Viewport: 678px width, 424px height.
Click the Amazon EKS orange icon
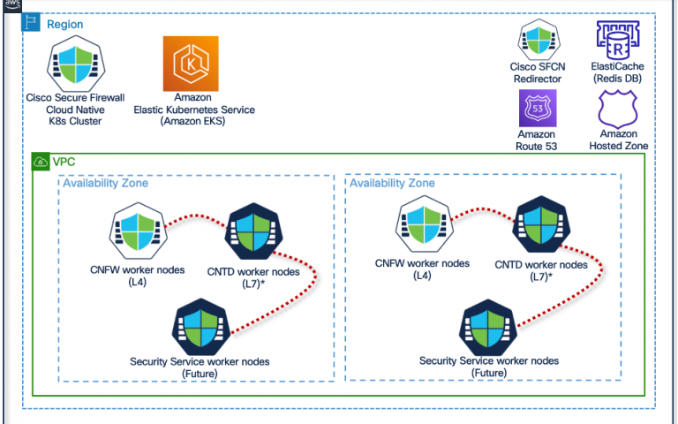(x=191, y=64)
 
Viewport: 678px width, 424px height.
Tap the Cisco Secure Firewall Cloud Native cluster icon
(x=76, y=64)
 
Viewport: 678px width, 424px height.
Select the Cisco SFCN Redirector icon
(x=539, y=40)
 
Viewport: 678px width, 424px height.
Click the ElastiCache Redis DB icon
(x=617, y=41)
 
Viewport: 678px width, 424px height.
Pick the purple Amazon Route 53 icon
(x=538, y=108)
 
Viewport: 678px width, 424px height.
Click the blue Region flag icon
(x=31, y=22)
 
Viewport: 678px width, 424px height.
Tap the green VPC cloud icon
(x=41, y=162)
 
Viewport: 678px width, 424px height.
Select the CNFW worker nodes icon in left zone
(x=138, y=231)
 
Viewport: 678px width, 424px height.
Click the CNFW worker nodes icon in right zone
(x=424, y=224)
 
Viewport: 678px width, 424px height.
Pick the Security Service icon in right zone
(x=487, y=328)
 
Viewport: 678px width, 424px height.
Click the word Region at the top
(x=64, y=24)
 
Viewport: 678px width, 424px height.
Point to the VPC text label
(x=64, y=162)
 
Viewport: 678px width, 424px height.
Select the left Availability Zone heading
(x=106, y=183)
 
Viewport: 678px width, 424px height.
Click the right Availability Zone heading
(x=392, y=183)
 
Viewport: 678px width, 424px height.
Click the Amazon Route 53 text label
(x=536, y=140)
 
